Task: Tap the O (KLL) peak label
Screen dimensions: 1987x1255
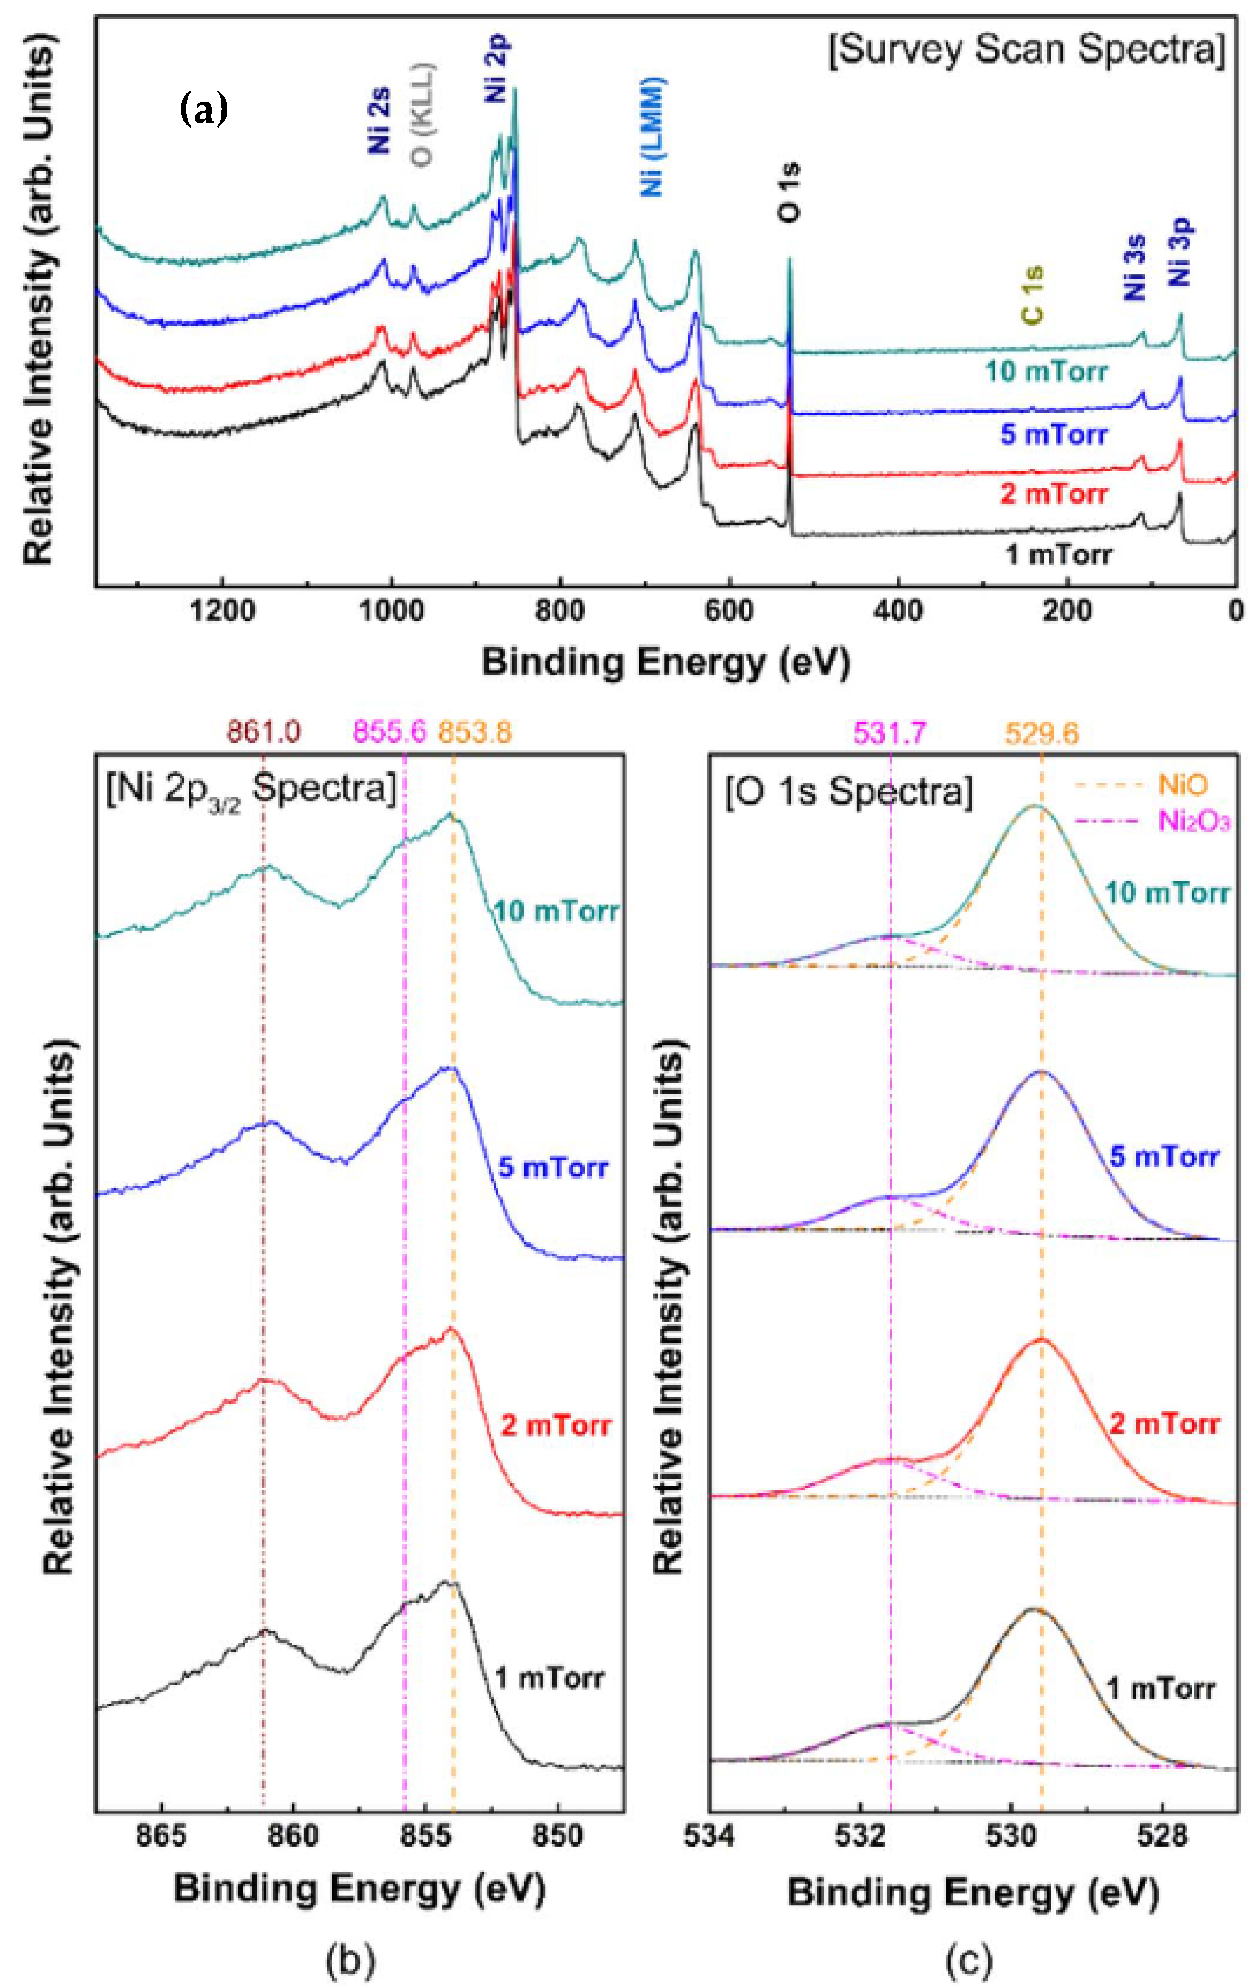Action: (423, 116)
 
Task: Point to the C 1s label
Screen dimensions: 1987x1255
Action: (1032, 295)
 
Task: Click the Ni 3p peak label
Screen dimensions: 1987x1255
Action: (1182, 252)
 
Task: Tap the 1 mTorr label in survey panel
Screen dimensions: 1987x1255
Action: (1059, 554)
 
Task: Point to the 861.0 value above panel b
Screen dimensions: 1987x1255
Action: (264, 731)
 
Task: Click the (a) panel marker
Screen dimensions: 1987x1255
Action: (203, 110)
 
